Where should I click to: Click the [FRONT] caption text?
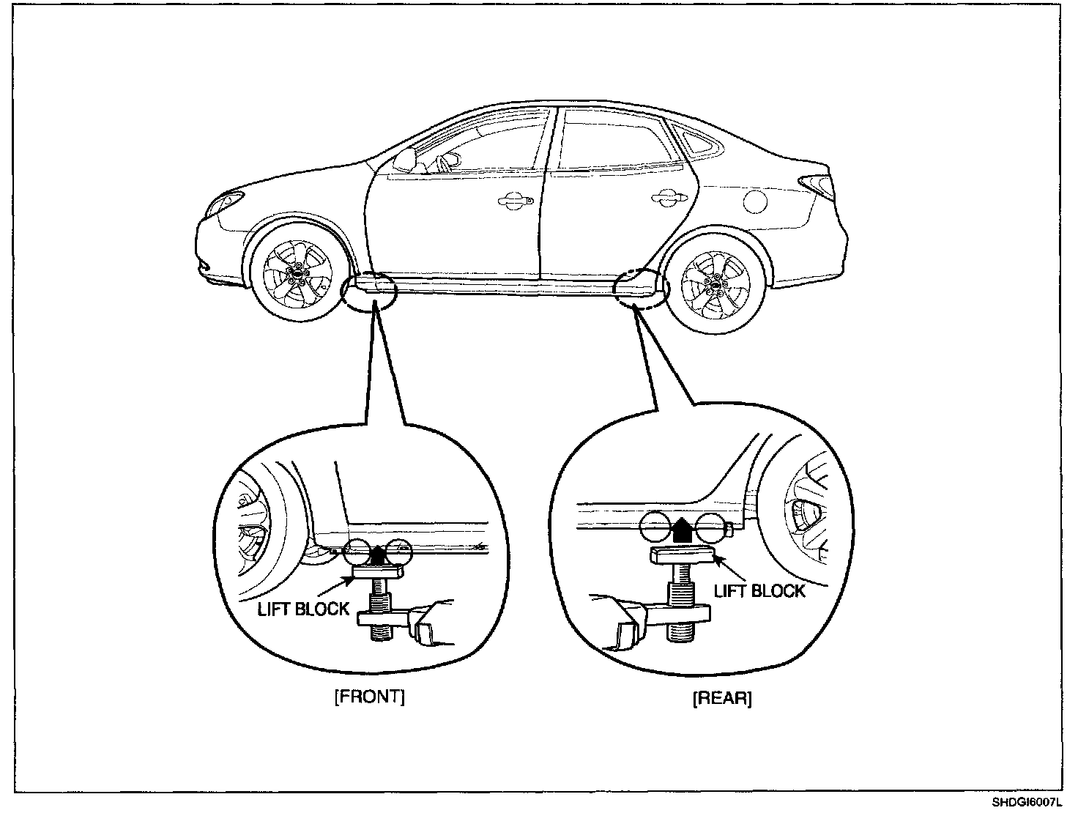[x=369, y=697]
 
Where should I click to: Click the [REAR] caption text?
[x=721, y=698]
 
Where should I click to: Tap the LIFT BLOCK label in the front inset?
[x=303, y=609]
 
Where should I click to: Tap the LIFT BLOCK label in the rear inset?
[x=759, y=590]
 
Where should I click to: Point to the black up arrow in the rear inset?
[x=682, y=529]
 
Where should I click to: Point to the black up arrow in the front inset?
[x=377, y=555]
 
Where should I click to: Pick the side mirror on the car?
[x=406, y=157]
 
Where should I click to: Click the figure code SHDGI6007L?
[x=1031, y=802]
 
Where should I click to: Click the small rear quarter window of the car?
[x=695, y=141]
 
